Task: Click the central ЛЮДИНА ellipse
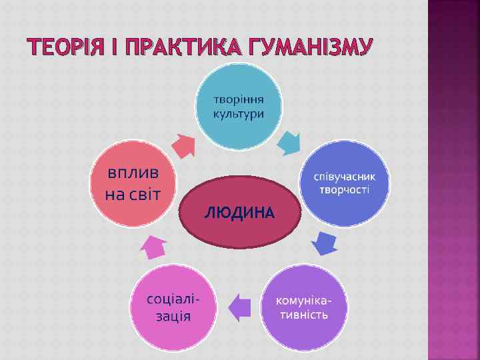click(x=239, y=212)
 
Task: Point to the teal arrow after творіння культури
click(x=289, y=142)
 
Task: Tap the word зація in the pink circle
click(x=173, y=315)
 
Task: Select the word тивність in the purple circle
click(x=304, y=315)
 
